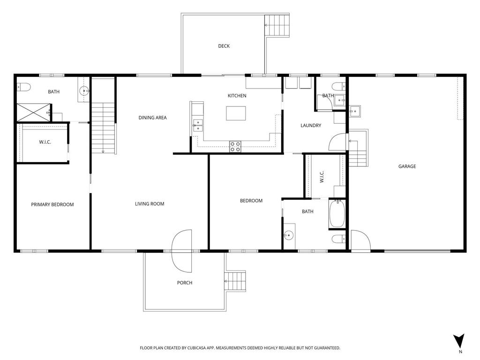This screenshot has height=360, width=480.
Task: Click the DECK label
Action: pyautogui.click(x=224, y=46)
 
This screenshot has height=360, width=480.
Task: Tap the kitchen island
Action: pyautogui.click(x=236, y=113)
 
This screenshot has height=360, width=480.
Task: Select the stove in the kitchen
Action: pyautogui.click(x=235, y=146)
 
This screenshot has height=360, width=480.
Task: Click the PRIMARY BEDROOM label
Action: pyautogui.click(x=52, y=204)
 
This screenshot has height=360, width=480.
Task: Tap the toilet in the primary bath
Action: pyautogui.click(x=24, y=87)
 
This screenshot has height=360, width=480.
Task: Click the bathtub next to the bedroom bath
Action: pyautogui.click(x=337, y=214)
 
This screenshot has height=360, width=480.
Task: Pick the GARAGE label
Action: pyautogui.click(x=407, y=166)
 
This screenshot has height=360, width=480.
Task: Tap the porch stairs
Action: pyautogui.click(x=235, y=281)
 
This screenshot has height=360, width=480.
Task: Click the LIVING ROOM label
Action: pyautogui.click(x=150, y=204)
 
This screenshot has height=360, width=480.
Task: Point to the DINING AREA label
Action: pyautogui.click(x=152, y=118)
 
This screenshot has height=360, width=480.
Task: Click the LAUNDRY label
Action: pyautogui.click(x=310, y=126)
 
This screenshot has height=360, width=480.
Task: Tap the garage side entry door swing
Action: pyautogui.click(x=360, y=240)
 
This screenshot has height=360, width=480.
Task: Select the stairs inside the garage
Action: pyautogui.click(x=358, y=149)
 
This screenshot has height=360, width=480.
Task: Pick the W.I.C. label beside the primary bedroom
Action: pyautogui.click(x=45, y=142)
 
